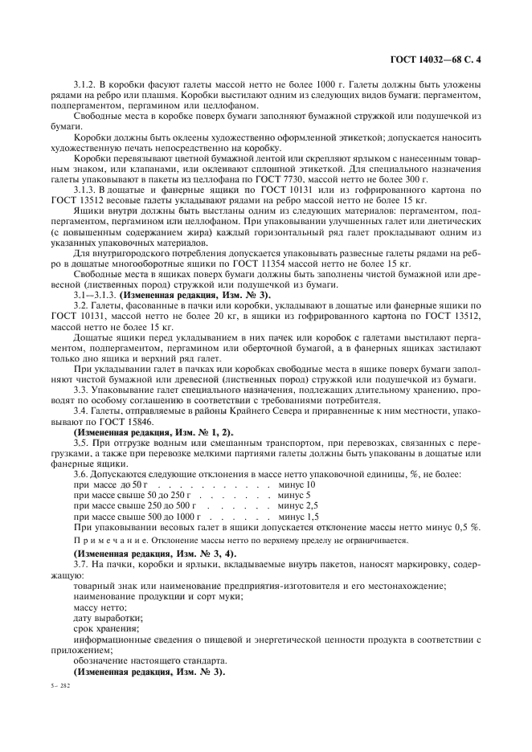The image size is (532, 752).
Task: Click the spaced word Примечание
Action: [x=105, y=542]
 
